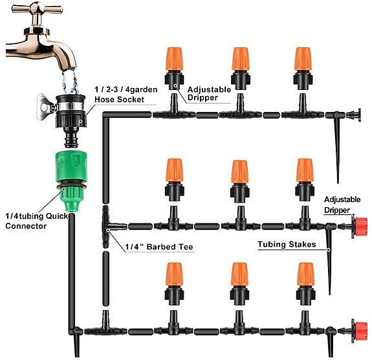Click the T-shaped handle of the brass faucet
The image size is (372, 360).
[38, 9]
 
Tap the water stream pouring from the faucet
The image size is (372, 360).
[70, 81]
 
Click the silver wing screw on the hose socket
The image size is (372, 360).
[45, 107]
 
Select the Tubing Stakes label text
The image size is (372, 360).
[287, 244]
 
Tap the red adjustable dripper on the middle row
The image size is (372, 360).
[359, 227]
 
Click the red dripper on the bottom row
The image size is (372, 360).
[359, 332]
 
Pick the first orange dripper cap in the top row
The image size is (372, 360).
[174, 59]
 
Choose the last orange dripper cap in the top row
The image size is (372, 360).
[303, 59]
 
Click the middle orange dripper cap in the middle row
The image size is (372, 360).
[239, 172]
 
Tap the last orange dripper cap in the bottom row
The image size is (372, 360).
[305, 275]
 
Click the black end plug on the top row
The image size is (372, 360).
[354, 115]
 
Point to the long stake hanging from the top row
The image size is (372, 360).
[336, 147]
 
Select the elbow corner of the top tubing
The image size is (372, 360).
[106, 115]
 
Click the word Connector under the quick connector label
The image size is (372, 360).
[26, 226]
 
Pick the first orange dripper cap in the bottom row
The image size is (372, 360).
[175, 275]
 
